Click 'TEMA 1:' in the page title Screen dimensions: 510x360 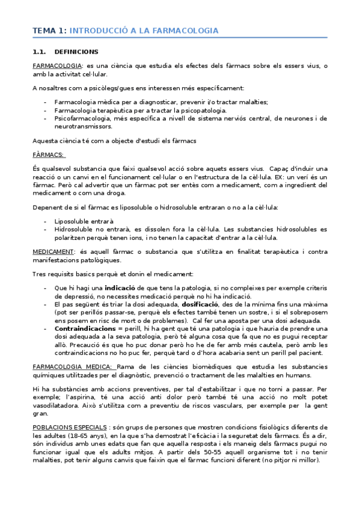(x=49, y=30)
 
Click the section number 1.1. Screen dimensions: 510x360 (x=40, y=52)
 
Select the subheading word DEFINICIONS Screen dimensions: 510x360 (x=76, y=52)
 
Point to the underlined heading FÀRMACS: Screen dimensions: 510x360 (x=48, y=155)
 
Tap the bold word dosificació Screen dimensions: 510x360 (x=204, y=305)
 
